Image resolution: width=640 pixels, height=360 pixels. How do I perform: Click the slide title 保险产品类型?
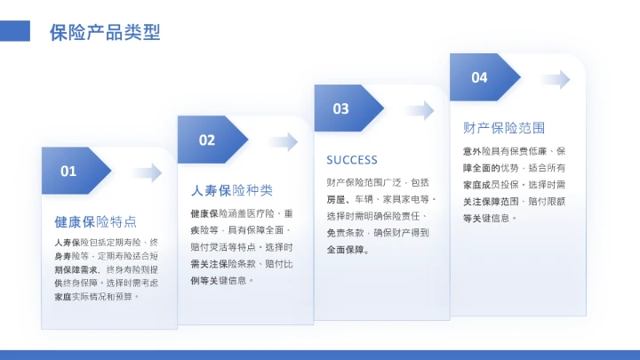(105, 33)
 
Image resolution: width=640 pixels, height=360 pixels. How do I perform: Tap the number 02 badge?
(207, 140)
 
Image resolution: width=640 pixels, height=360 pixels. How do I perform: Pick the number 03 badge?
(341, 108)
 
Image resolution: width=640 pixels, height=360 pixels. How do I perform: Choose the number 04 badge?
(479, 77)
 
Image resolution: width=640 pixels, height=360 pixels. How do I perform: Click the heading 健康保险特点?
(95, 221)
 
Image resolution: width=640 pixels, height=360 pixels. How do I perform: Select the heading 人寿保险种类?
(232, 190)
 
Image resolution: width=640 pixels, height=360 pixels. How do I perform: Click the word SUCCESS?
(352, 160)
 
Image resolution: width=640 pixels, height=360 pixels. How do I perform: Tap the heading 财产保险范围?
(504, 128)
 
